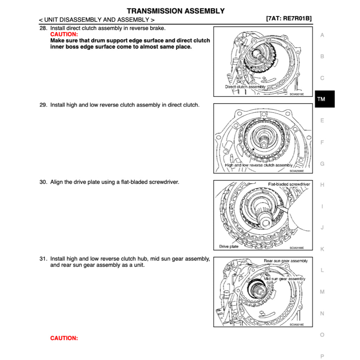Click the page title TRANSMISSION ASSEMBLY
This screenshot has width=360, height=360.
175,11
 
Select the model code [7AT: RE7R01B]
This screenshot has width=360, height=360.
289,19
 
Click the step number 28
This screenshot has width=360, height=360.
43,28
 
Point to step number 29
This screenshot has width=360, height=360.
43,105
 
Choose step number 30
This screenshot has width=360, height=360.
43,182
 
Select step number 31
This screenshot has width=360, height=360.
43,259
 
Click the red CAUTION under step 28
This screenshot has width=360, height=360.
64,34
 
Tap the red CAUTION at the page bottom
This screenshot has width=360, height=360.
64,338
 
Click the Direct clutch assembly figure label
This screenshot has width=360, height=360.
245,87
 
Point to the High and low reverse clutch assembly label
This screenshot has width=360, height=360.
258,165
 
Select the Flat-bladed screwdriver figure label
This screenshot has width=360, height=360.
289,184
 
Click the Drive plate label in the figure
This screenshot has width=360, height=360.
229,246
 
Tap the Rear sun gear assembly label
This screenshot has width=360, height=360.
285,261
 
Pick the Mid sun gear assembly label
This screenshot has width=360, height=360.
284,279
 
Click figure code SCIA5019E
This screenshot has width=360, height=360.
296,94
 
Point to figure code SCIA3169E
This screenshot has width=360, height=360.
296,248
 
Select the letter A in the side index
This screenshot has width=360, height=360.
322,35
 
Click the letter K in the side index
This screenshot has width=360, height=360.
322,249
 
